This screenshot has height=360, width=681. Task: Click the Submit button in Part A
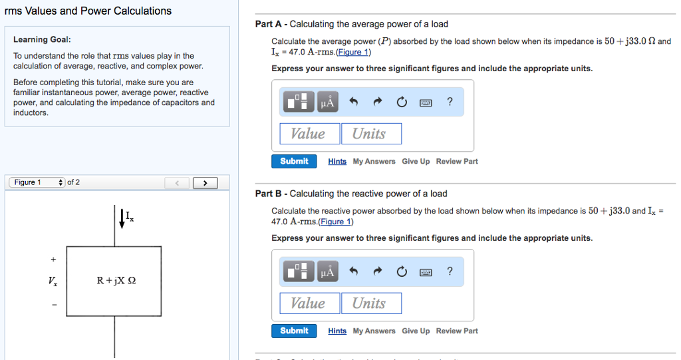click(x=294, y=161)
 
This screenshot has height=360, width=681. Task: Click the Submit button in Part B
click(x=294, y=331)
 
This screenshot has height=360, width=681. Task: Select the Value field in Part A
click(x=309, y=134)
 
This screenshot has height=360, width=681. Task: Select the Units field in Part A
click(x=372, y=134)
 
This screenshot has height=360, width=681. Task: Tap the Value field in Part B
click(x=309, y=303)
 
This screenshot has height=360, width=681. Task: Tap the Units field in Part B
click(x=372, y=303)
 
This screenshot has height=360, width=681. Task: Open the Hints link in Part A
click(x=337, y=162)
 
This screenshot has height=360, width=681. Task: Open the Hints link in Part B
click(x=337, y=331)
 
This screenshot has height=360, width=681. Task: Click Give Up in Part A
click(x=416, y=162)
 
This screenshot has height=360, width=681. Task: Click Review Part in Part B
click(x=457, y=331)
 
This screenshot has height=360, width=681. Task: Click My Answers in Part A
click(x=374, y=162)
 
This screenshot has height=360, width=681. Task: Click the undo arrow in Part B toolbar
click(x=354, y=271)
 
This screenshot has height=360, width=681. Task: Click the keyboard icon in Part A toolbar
click(x=426, y=102)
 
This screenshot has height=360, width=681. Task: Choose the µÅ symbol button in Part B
click(x=327, y=271)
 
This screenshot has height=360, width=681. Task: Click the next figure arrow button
click(x=205, y=183)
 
